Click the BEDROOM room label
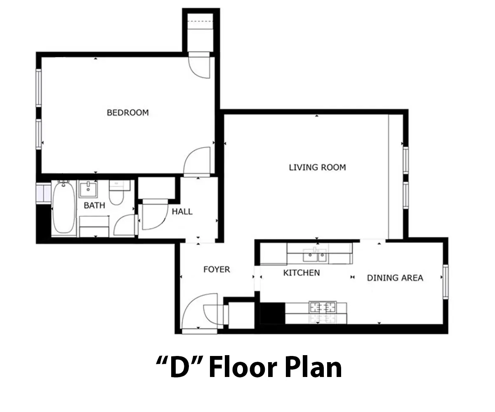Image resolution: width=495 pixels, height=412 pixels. pos(128,112)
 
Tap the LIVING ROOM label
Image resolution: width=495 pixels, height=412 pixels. pos(318,167)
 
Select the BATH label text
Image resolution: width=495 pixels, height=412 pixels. pos(94,205)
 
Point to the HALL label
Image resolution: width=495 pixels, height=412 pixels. pos(182,211)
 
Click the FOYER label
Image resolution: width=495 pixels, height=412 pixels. pos(217,269)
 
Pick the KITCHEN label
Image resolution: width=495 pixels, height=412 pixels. pos(302,273)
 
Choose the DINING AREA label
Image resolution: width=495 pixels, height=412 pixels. pos(395,278)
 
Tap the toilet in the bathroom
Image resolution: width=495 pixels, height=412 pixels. pos(117,193)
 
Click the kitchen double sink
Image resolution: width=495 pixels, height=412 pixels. pos(315,255)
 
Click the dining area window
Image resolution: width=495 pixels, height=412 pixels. pos(445,282)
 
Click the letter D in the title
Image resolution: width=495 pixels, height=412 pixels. pos(179,368)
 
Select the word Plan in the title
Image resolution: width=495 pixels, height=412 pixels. pos(313,368)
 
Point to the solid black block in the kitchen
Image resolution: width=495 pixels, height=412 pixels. pos(273,313)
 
